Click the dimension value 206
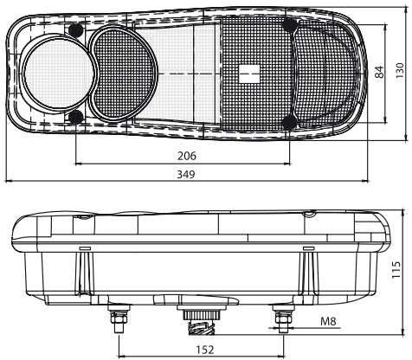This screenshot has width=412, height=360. click(185, 157)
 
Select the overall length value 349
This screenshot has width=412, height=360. click(185, 174)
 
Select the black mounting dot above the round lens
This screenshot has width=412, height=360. click(76, 31)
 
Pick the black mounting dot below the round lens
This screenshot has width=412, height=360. click(76, 116)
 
